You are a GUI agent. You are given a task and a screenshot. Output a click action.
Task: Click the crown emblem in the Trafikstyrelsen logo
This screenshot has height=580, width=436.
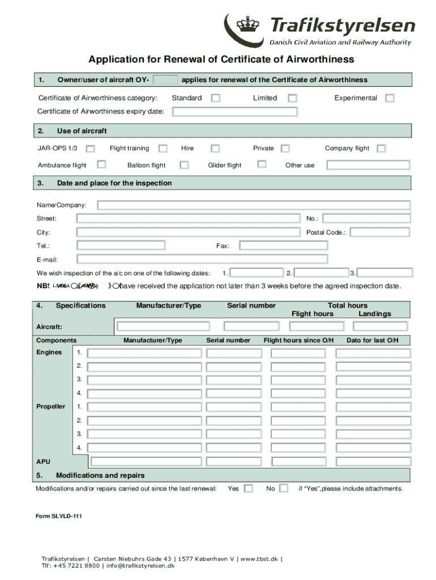point(246,24)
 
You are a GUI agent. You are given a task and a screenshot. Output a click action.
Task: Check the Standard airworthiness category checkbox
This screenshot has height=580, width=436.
point(216,98)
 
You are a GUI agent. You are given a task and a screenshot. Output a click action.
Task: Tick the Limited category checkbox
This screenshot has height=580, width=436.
point(292,98)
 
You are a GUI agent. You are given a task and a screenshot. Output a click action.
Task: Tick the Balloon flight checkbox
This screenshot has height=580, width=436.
point(184,165)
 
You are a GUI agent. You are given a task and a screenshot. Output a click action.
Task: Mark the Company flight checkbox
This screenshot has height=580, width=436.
point(381,148)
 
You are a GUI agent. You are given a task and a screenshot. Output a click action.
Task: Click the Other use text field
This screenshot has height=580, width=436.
point(368,165)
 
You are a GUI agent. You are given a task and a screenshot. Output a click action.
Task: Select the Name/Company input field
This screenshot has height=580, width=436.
point(254,205)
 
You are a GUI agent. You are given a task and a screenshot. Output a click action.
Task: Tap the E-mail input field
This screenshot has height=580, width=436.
point(202,259)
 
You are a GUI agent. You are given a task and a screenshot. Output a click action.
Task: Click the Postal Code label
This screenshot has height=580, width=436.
point(325,232)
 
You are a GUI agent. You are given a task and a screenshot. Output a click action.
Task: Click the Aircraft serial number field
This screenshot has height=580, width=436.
point(251,326)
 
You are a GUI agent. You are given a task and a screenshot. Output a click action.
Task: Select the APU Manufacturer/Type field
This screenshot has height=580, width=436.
point(146,462)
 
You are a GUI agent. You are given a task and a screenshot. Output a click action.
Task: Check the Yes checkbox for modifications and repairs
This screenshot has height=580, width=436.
point(248,489)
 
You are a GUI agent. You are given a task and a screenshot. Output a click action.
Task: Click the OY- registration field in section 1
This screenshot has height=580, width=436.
point(165,80)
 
